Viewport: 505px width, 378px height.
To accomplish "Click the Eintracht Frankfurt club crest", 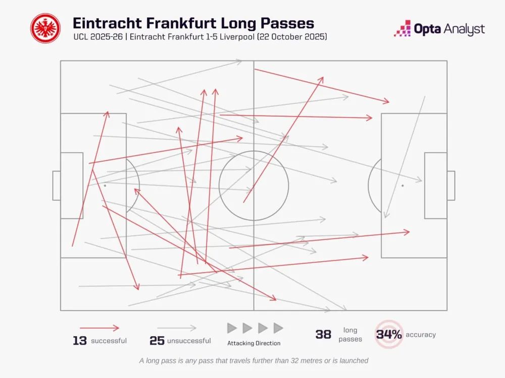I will coord(45,28).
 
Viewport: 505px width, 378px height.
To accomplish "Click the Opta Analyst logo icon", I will coord(402,28).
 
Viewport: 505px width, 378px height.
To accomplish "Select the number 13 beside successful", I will coord(80,341).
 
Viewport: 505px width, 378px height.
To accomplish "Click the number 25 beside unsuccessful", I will coord(157,341).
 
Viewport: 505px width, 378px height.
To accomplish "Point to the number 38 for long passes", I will coord(323,335).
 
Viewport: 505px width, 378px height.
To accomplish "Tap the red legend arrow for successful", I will coord(99,328).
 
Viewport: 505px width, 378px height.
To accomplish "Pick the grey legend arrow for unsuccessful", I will coord(176,328).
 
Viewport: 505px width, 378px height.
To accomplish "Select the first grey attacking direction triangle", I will coord(232,328).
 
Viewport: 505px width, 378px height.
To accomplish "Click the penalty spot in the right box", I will coord(402,185).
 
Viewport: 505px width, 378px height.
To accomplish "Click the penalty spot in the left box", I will coord(105,185).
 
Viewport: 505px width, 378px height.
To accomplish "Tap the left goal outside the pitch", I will coord(57,185).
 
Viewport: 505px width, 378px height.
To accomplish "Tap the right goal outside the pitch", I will coord(450,185).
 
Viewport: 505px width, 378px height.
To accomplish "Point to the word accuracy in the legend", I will coord(420,335).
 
